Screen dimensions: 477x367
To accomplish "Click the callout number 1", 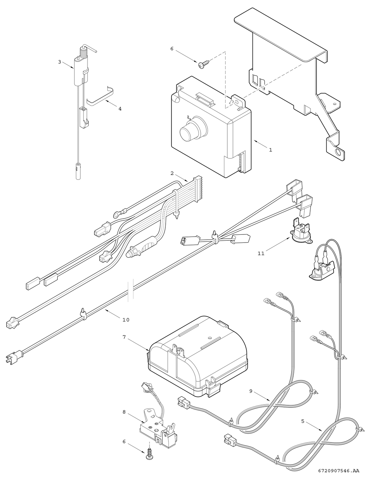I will [x=271, y=150].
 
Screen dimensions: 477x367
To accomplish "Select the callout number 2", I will [x=172, y=172].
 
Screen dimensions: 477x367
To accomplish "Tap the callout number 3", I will [x=60, y=62].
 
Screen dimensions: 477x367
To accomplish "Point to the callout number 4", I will [x=120, y=109].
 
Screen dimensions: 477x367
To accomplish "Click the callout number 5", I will [x=303, y=421].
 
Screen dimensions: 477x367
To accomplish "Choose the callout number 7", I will [x=124, y=337].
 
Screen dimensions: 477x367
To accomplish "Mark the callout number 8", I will [x=124, y=412].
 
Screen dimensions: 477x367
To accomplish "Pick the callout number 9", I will [x=251, y=391].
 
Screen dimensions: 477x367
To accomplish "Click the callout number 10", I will [x=126, y=320].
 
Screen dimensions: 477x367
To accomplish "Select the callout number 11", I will [x=261, y=253].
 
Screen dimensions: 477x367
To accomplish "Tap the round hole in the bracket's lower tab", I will [x=337, y=152].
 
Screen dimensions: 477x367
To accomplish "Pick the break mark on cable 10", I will [x=131, y=289].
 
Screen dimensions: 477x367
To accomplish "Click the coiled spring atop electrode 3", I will [x=83, y=51].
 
